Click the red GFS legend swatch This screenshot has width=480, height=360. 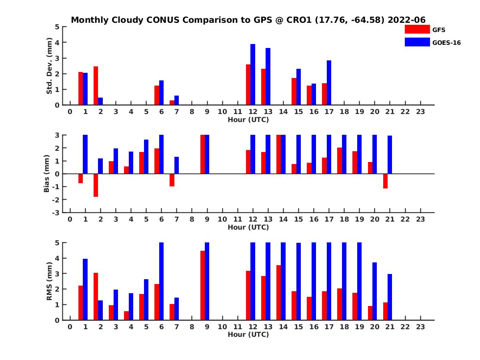pos(417,29)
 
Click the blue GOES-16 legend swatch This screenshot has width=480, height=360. pos(417,42)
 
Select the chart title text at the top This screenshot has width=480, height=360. pos(248,20)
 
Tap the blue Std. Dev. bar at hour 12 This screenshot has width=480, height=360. pos(253,74)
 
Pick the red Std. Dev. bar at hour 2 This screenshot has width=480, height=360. pos(96,86)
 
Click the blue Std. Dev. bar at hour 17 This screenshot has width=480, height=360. pos(329,82)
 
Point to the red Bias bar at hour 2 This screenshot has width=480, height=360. pos(96,185)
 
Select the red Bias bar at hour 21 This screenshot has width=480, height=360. pos(385,181)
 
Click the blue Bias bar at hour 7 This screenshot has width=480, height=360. pos(176,165)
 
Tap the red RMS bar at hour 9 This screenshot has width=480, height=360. pos(202,285)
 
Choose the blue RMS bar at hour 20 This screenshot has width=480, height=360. pos(375,291)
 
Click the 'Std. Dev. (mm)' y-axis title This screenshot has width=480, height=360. pos(50,66)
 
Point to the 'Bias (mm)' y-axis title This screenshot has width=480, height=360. pos(47,174)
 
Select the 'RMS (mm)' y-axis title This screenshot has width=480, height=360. pos(50,281)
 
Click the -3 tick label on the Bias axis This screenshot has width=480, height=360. pos(56,212)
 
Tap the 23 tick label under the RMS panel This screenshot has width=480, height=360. pos(420,327)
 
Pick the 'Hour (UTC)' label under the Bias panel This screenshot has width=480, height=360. pos(248,227)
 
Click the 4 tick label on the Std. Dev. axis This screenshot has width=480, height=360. pos(58,42)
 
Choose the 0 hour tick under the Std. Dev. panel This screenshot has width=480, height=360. pos(70,112)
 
